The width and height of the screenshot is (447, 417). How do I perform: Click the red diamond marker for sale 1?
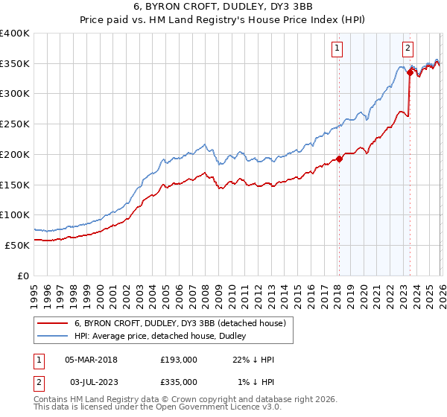click(339, 159)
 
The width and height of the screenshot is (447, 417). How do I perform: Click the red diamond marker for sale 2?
click(410, 72)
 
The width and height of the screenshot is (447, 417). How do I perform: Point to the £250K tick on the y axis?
click(15, 124)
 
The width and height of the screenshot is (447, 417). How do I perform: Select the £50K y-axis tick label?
click(17, 245)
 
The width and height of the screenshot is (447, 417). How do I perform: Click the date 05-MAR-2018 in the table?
click(91, 360)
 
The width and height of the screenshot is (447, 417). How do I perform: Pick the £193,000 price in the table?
click(178, 360)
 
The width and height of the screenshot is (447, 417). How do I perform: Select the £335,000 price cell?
click(178, 382)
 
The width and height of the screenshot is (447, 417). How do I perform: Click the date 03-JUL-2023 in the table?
click(90, 382)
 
